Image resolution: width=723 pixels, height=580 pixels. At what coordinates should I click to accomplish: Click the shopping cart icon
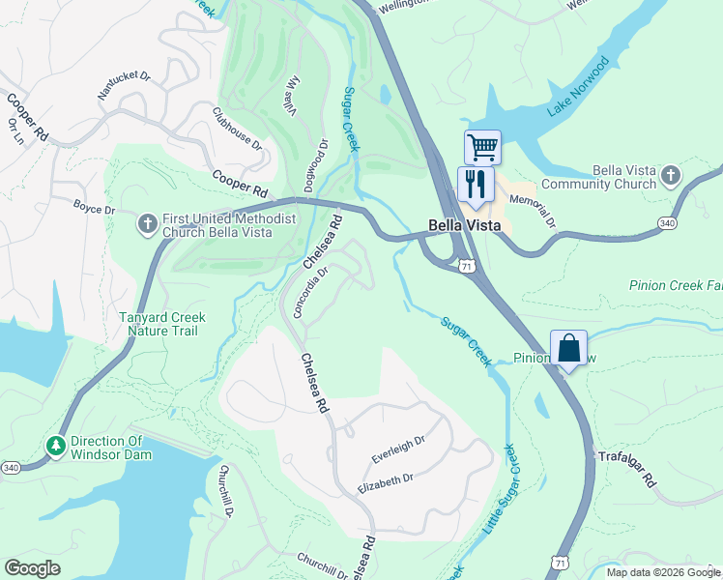point(482,148)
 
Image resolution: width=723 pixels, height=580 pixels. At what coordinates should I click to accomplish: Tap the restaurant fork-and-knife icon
point(475,184)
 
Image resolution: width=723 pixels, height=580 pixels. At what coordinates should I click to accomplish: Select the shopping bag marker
point(568,348)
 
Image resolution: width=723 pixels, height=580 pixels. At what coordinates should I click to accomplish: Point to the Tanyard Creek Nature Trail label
point(159,324)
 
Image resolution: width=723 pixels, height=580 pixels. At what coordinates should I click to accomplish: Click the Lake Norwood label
point(578,87)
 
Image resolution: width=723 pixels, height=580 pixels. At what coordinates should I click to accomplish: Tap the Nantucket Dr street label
point(125,86)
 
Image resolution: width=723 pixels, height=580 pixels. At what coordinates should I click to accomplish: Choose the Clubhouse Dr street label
point(238,129)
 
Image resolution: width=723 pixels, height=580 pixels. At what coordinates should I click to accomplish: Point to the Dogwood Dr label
point(318,159)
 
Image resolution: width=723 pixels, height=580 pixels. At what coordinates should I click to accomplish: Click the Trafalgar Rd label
point(627,468)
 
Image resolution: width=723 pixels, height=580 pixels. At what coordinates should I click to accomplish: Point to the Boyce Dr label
point(94,207)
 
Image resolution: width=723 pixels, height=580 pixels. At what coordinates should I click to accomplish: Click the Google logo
point(33,568)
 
